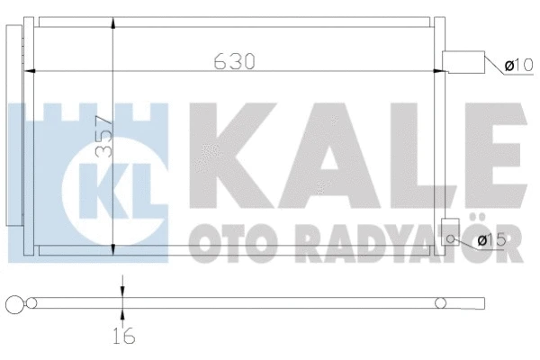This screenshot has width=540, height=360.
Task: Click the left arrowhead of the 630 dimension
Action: [32, 70]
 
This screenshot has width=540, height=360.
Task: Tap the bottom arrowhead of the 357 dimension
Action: [112, 250]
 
